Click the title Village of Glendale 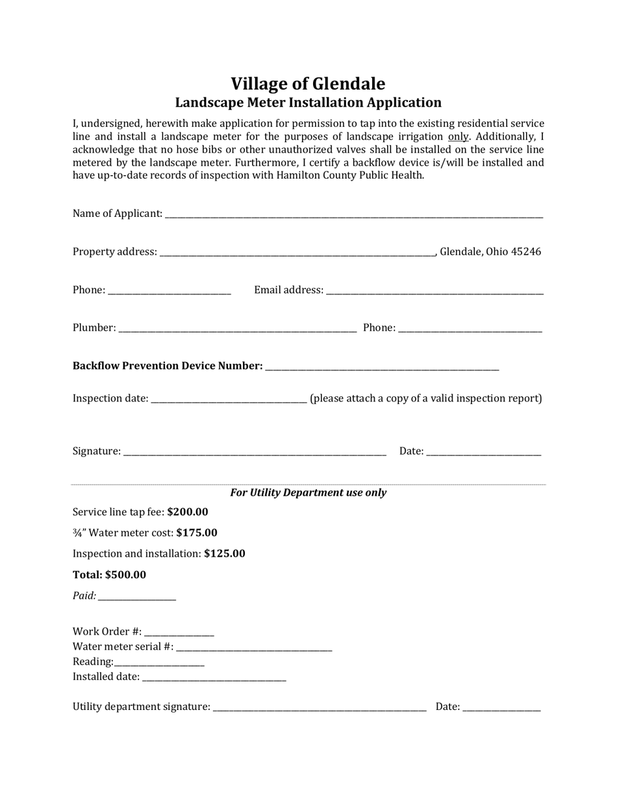coord(308,84)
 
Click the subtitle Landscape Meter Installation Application coord(308,103)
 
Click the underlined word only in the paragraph coord(458,136)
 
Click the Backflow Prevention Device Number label coord(168,366)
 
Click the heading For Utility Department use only coord(308,492)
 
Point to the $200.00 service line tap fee coord(188,512)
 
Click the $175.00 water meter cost coord(197,533)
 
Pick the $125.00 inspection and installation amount coord(225,553)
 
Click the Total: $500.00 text coord(109,575)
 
